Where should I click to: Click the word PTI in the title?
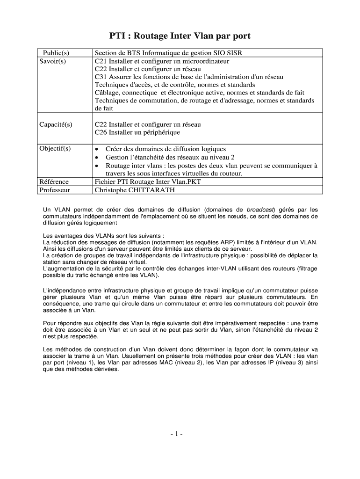point(118,36)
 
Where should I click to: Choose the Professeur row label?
point(55,190)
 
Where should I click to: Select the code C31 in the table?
point(101,77)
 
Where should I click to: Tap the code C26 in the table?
point(101,132)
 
